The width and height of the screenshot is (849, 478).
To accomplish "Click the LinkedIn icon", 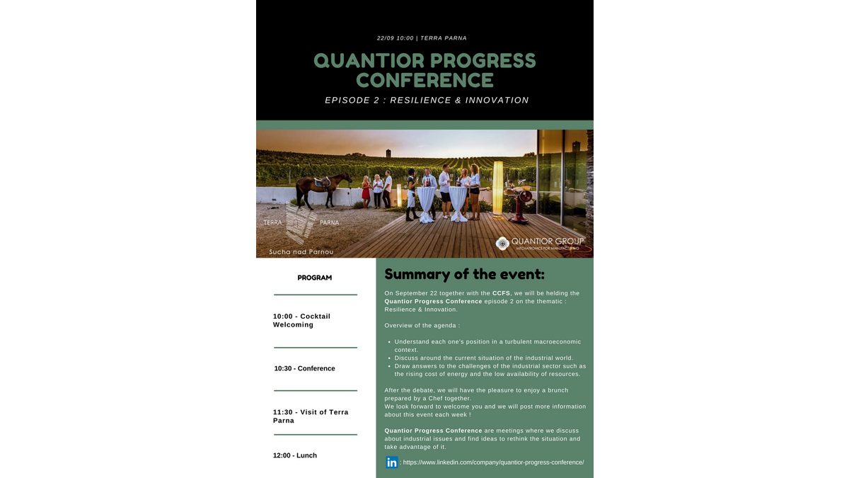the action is (391, 462).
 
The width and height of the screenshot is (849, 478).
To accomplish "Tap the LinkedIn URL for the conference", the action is (494, 462).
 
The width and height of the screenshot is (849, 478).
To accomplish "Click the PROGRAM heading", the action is (315, 278).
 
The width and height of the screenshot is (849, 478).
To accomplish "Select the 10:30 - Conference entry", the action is (305, 368).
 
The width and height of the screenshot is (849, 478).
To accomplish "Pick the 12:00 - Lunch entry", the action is (295, 455).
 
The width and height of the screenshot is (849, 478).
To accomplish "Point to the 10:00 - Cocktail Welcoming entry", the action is (301, 321).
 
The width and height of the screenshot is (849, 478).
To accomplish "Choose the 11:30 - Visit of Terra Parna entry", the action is (311, 416).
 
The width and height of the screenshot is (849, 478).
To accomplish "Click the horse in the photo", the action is (323, 190).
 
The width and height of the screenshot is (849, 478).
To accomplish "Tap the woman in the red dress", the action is (366, 193).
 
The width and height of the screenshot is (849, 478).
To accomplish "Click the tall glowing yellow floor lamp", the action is (497, 189).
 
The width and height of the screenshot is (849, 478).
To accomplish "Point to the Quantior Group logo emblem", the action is (502, 244).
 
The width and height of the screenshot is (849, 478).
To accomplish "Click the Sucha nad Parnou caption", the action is (301, 252).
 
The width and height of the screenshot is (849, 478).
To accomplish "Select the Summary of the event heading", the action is (464, 274).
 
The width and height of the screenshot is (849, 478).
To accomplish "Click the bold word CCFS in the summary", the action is (501, 293).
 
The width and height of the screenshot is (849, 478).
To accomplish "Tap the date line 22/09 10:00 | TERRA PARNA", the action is (422, 38).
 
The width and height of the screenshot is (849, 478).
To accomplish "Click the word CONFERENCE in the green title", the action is (425, 80).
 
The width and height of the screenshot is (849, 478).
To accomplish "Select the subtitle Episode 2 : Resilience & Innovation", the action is (427, 100).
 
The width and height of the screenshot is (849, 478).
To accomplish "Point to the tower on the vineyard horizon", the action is (388, 153).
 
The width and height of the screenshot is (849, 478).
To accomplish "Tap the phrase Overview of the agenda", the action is (422, 326).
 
